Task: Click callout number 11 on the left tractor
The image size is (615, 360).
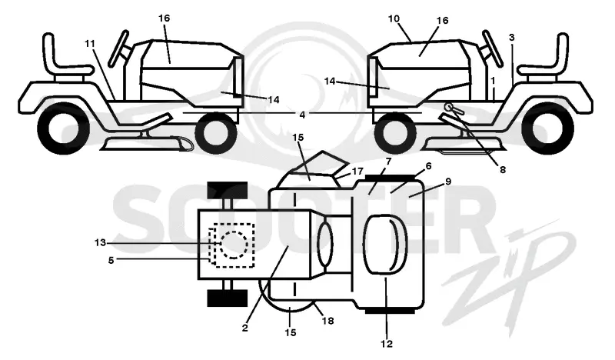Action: [90, 44]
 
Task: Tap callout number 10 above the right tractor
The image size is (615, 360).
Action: [394, 18]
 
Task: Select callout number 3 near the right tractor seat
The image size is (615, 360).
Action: [511, 38]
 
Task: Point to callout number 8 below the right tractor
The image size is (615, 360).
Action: [503, 169]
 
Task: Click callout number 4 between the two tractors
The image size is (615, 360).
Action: [302, 115]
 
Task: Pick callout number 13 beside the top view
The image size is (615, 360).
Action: [100, 243]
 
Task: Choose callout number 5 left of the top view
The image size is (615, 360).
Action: [111, 260]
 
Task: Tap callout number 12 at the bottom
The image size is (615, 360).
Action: [387, 344]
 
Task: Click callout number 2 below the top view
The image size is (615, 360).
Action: [244, 328]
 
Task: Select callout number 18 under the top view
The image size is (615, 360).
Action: [327, 321]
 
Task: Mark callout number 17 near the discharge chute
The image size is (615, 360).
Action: [357, 172]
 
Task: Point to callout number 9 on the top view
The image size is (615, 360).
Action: [448, 182]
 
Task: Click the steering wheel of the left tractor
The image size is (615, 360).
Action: [119, 48]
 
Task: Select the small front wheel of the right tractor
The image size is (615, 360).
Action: [395, 133]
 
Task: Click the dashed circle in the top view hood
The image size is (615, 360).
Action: [234, 245]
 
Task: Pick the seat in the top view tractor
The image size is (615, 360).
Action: [385, 244]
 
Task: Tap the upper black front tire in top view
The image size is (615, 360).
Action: [228, 191]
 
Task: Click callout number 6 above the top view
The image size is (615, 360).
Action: [428, 166]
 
